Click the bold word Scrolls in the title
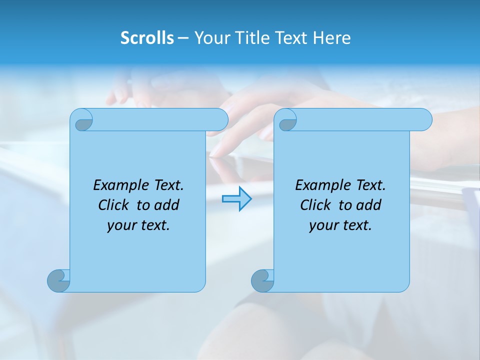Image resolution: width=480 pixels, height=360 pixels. click(147, 38)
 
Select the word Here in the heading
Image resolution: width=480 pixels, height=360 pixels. click(332, 38)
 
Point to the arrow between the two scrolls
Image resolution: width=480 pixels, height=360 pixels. click(236, 198)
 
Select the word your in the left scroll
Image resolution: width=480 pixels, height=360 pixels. click(121, 225)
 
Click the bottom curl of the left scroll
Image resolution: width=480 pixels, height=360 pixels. click(58, 280)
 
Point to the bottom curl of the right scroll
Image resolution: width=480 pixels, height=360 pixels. click(262, 280)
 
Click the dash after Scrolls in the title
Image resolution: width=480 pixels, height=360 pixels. click(183, 38)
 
